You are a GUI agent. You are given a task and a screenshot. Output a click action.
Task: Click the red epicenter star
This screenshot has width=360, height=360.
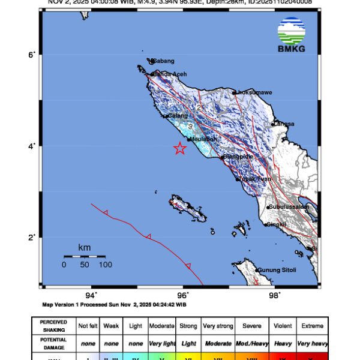pyautogui.click(x=179, y=149)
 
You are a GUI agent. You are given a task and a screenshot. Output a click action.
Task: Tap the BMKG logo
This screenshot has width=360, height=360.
pyautogui.click(x=291, y=35)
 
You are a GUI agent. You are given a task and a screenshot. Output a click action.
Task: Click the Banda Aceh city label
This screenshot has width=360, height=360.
pyautogui.click(x=170, y=74)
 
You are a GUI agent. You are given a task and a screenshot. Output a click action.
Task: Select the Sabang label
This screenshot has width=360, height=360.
pyautogui.click(x=163, y=61)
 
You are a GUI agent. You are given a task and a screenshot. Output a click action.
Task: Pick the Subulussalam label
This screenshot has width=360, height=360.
pyautogui.click(x=290, y=206)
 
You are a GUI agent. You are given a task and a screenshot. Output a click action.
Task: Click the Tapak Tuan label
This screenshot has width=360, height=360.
pyautogui.click(x=254, y=179)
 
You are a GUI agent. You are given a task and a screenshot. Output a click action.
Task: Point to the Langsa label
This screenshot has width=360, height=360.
pyautogui.click(x=285, y=124)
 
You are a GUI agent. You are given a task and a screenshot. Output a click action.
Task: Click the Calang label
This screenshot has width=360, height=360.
pyautogui.click(x=179, y=116)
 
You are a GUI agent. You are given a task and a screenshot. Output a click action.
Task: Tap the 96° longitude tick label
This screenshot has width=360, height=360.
pyautogui.click(x=183, y=295)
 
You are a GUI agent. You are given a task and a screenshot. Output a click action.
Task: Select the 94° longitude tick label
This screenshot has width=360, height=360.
pyautogui.click(x=91, y=295)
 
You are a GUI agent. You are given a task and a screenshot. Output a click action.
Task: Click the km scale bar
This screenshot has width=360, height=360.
pyautogui.click(x=85, y=257)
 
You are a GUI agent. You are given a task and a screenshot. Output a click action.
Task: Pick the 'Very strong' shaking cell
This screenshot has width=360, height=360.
pyautogui.click(x=217, y=326)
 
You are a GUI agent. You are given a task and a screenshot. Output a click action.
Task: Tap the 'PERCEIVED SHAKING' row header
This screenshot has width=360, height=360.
pyautogui.click(x=53, y=326)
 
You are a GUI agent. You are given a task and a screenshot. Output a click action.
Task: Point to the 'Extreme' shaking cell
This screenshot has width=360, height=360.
pyautogui.click(x=312, y=326)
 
